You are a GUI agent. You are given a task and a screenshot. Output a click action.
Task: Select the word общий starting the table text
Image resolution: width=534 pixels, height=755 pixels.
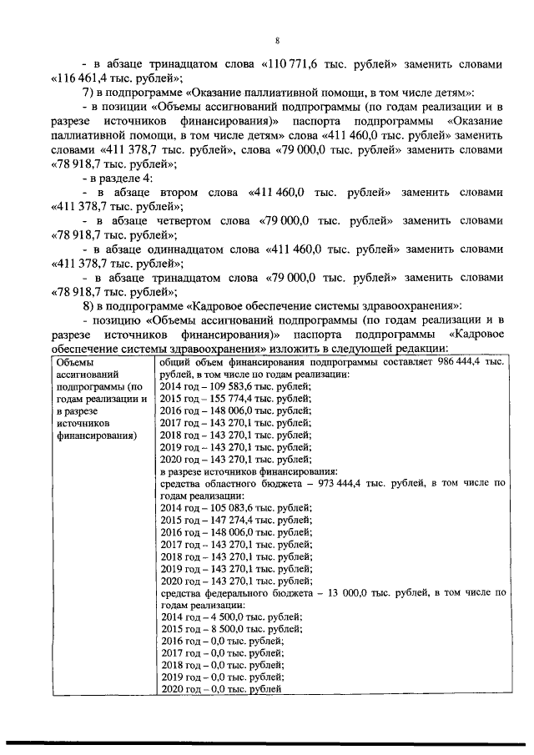point(174,362)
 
